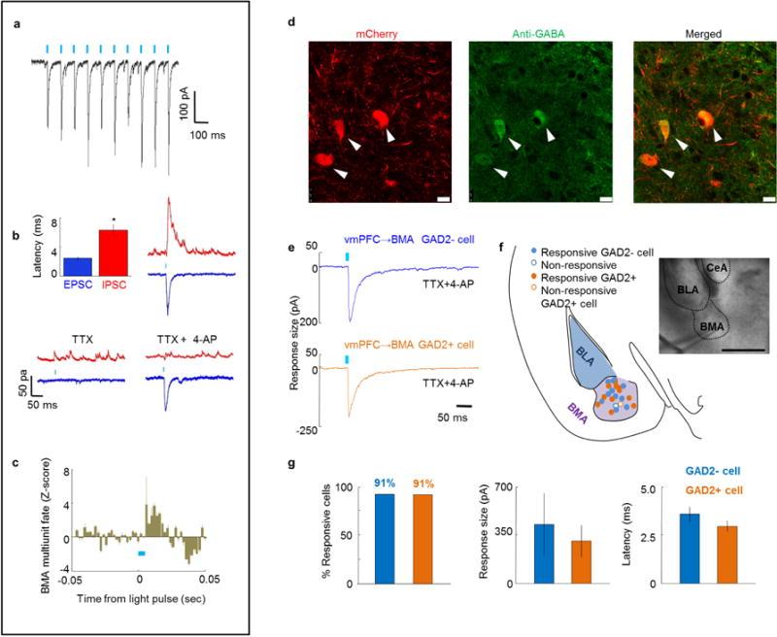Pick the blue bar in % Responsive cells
pos(387,539)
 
